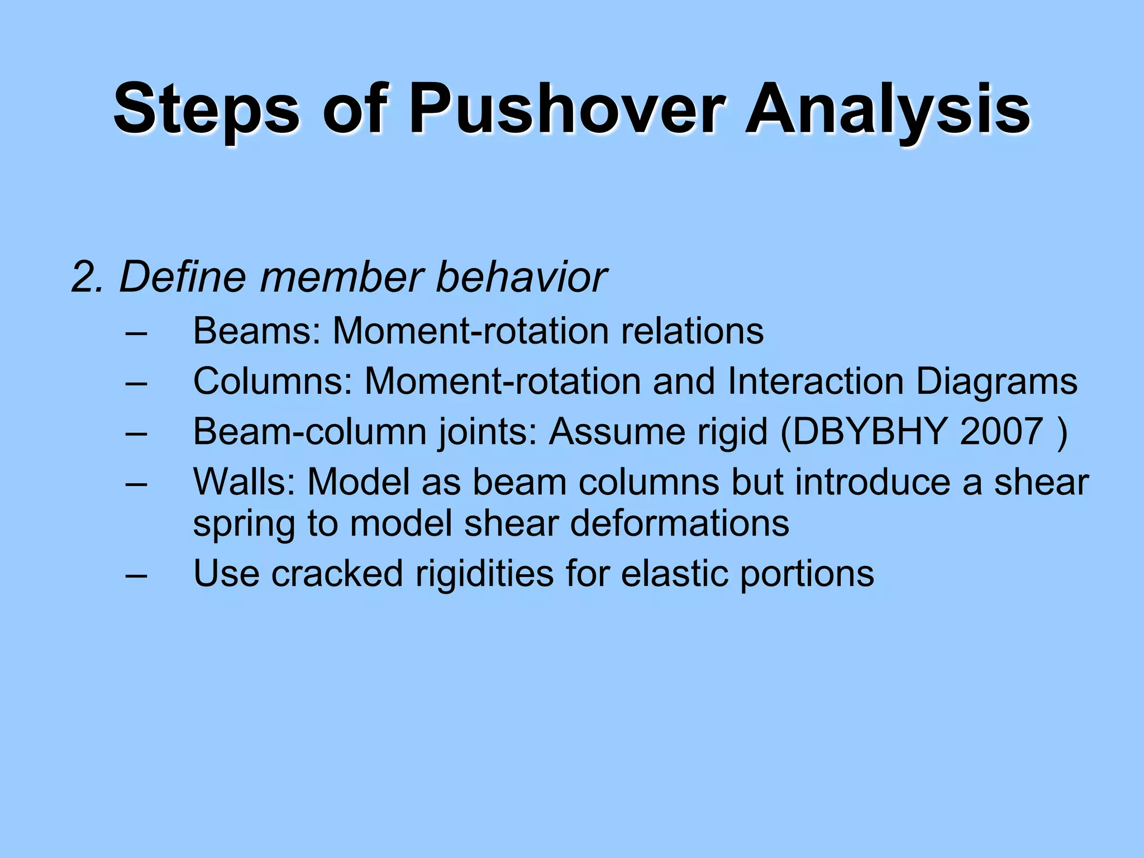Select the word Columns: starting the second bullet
click(x=273, y=382)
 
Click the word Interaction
click(x=816, y=382)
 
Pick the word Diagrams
click(x=997, y=382)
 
